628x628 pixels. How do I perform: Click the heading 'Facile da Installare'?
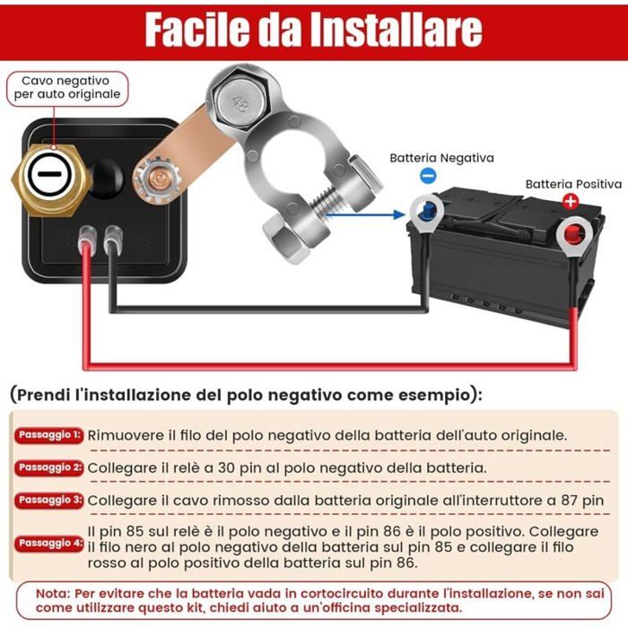313,29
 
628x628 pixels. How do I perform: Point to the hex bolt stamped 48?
237,101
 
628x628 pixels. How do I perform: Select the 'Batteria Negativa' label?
441,158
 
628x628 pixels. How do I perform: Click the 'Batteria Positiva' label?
572,184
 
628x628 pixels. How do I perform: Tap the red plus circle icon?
569,201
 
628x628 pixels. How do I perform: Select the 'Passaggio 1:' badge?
49,435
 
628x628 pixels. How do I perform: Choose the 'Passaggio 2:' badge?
49,467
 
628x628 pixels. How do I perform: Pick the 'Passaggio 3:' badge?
49,500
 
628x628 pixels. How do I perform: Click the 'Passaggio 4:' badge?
49,544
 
